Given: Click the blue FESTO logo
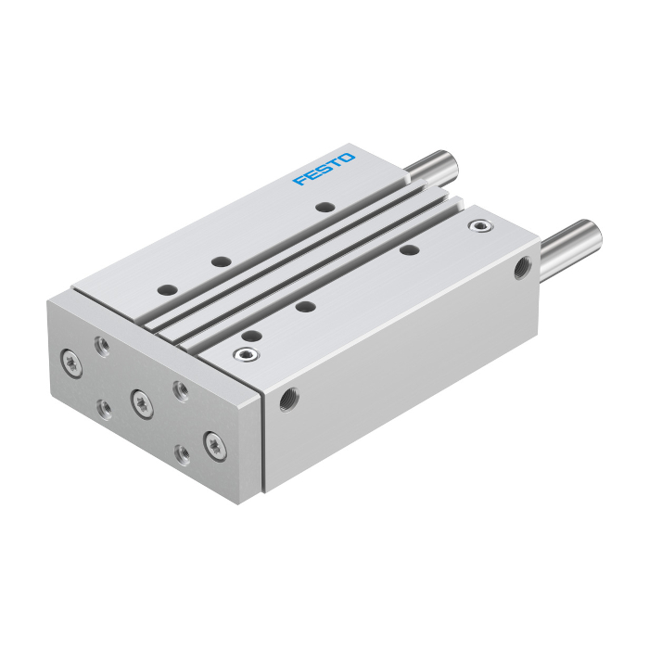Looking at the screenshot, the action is [x=324, y=169].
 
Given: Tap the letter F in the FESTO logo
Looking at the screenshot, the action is [x=299, y=181].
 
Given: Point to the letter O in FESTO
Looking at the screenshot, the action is [x=347, y=158].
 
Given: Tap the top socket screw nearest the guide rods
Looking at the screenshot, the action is [x=480, y=226].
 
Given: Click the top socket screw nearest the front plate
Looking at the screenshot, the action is [x=246, y=354].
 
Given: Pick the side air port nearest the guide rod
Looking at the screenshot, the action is [x=523, y=268].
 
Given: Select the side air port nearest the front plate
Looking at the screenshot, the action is [x=289, y=399].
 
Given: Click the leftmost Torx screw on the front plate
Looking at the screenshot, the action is [x=71, y=363].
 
